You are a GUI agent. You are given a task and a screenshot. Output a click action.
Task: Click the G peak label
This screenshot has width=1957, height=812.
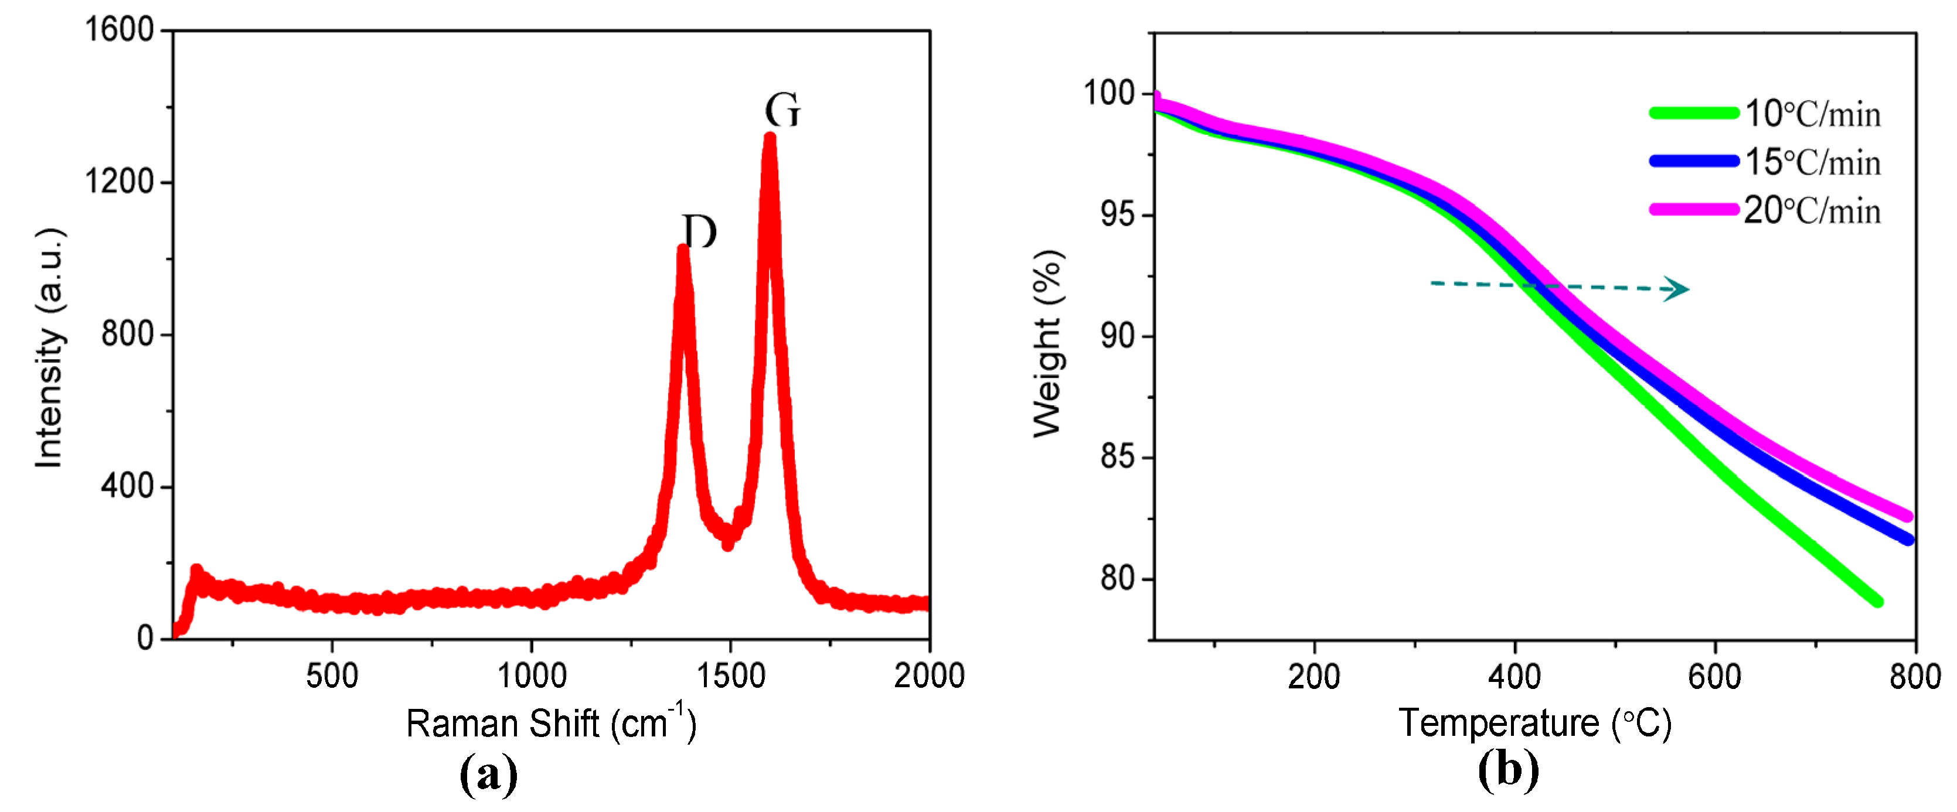782,111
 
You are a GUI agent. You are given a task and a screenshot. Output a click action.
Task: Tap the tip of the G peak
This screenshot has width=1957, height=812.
770,138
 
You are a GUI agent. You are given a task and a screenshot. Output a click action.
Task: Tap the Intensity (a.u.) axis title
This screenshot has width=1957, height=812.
50,348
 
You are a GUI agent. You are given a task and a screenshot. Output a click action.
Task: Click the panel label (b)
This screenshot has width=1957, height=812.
1507,770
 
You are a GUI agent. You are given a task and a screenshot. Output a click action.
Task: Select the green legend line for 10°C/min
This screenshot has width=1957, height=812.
1693,113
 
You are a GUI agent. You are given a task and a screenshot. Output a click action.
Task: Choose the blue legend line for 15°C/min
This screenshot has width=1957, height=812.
1693,161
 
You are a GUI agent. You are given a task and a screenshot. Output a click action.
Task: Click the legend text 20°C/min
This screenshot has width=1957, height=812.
1812,211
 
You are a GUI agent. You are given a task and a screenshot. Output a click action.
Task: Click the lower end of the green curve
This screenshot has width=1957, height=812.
1877,601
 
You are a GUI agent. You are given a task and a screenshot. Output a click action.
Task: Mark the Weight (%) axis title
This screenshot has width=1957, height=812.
1049,343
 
